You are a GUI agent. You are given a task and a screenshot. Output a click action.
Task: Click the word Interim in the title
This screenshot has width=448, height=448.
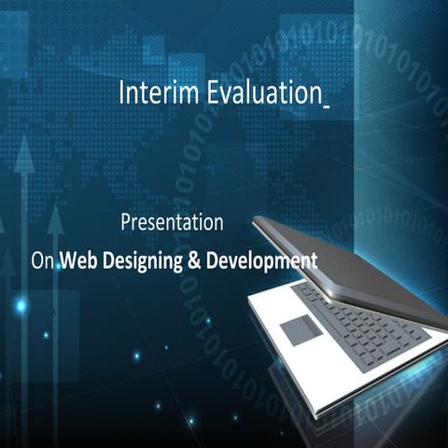[148, 93]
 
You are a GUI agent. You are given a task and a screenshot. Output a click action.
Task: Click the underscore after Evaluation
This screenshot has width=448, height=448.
[325, 105]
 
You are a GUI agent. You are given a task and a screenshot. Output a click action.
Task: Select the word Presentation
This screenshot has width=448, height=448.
[172, 224]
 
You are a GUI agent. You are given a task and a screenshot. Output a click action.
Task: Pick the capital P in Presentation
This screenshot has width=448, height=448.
[127, 224]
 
